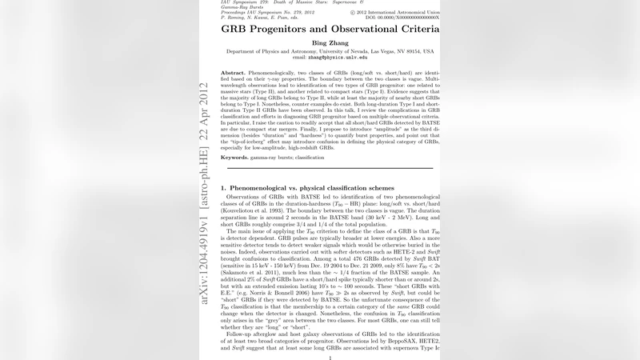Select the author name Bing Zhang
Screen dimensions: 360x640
[330, 42]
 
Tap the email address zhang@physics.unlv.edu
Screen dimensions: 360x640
[330, 58]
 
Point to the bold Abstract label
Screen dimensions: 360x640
[234, 72]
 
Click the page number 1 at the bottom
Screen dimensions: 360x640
[330, 358]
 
